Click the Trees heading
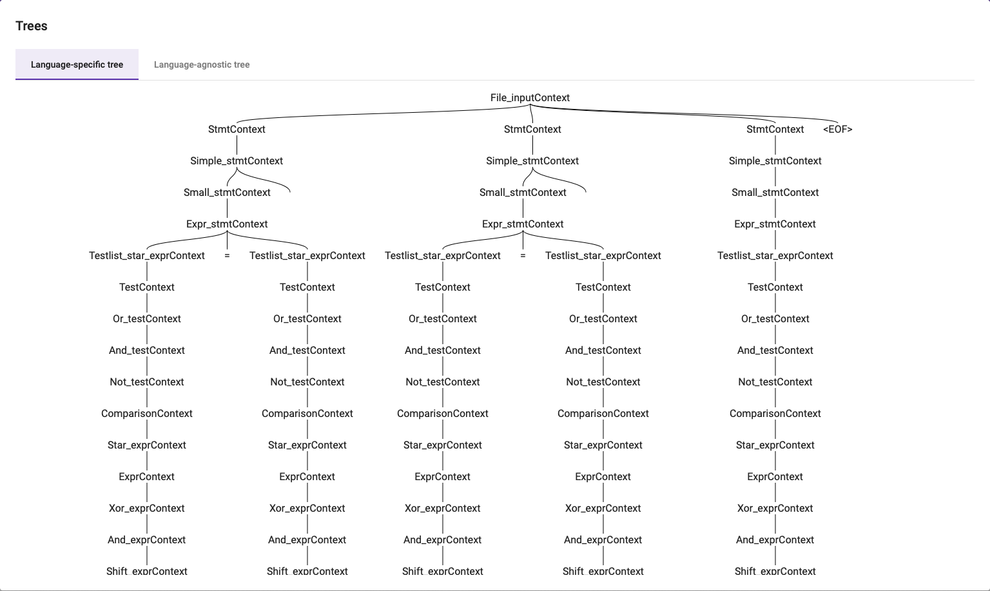tap(32, 26)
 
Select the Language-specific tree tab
tap(77, 64)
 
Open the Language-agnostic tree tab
tap(202, 64)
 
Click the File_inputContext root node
tap(530, 98)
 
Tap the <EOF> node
tap(837, 130)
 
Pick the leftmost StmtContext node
tap(237, 130)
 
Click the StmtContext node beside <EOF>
tap(775, 130)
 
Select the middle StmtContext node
tap(532, 130)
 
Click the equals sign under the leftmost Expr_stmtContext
tap(227, 256)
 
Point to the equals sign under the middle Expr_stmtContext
tap(523, 256)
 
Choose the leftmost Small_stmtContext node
tap(227, 193)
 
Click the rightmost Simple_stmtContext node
tap(775, 161)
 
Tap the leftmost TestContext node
tap(147, 287)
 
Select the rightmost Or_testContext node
tap(775, 319)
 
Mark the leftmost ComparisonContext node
tap(147, 414)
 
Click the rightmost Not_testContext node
tap(775, 382)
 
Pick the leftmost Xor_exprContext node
tap(147, 509)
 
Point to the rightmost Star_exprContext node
tap(775, 445)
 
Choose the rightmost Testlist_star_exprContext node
tap(775, 256)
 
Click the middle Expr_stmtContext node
tap(523, 224)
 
